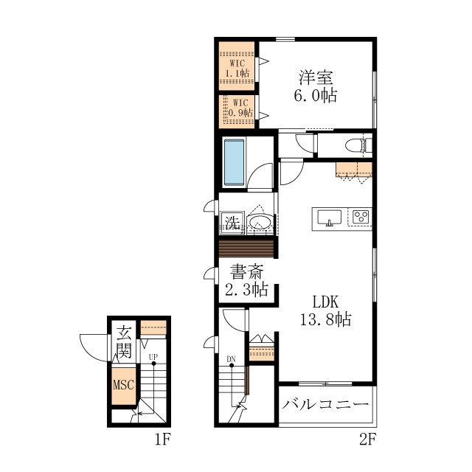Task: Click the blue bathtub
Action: (x=234, y=162)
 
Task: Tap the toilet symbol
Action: (x=358, y=146)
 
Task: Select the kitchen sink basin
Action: (x=330, y=218)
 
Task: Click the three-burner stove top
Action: (x=361, y=216)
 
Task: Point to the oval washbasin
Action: (x=260, y=222)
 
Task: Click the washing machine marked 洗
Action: (x=232, y=223)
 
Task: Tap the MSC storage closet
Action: (x=123, y=385)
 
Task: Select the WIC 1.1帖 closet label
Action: (x=237, y=69)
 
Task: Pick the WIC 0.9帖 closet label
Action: (x=240, y=108)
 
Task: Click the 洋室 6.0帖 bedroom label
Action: (x=316, y=86)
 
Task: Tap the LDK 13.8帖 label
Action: (x=326, y=310)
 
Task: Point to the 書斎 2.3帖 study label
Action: (x=246, y=280)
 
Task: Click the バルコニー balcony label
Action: (x=325, y=404)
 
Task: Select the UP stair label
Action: (x=153, y=357)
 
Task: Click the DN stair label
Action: (x=231, y=359)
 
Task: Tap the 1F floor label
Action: (x=163, y=440)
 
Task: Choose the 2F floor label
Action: (x=367, y=440)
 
